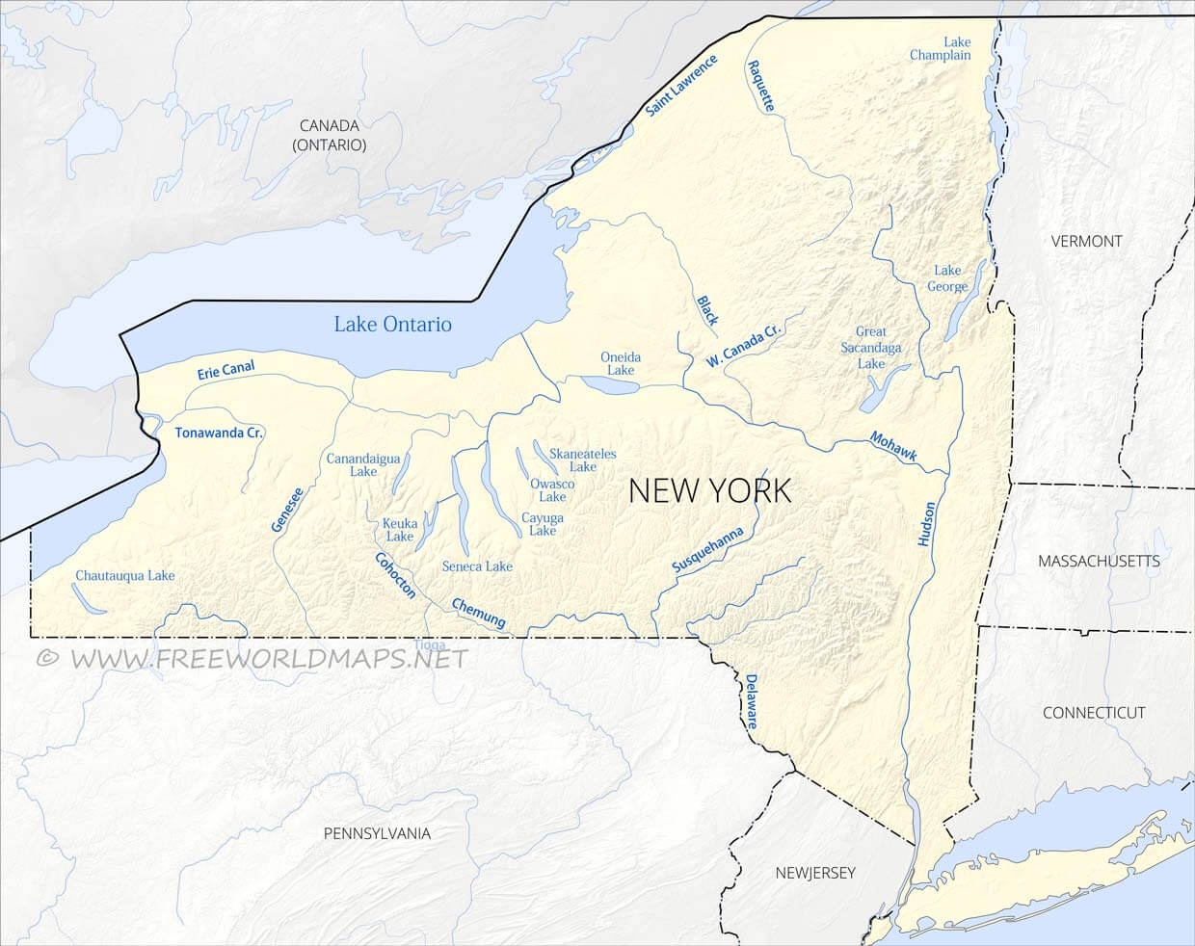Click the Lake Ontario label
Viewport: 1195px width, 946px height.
[392, 324]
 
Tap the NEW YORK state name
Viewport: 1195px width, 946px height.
[709, 490]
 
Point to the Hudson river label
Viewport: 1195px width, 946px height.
[927, 525]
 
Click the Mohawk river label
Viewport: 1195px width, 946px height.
[893, 445]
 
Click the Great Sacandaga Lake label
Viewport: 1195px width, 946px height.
[870, 348]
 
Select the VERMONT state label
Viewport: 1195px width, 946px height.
[1086, 241]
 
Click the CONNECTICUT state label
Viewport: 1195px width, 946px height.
[1094, 713]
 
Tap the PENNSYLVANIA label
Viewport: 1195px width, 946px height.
[377, 833]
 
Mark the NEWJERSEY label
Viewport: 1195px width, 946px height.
[815, 873]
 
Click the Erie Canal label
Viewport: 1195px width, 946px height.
[226, 370]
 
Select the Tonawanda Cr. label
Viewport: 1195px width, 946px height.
[219, 433]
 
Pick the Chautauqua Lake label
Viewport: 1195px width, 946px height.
[125, 575]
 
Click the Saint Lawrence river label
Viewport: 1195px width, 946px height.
[681, 87]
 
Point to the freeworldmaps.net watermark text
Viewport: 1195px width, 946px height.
[252, 658]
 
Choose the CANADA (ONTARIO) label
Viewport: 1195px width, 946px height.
[330, 135]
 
